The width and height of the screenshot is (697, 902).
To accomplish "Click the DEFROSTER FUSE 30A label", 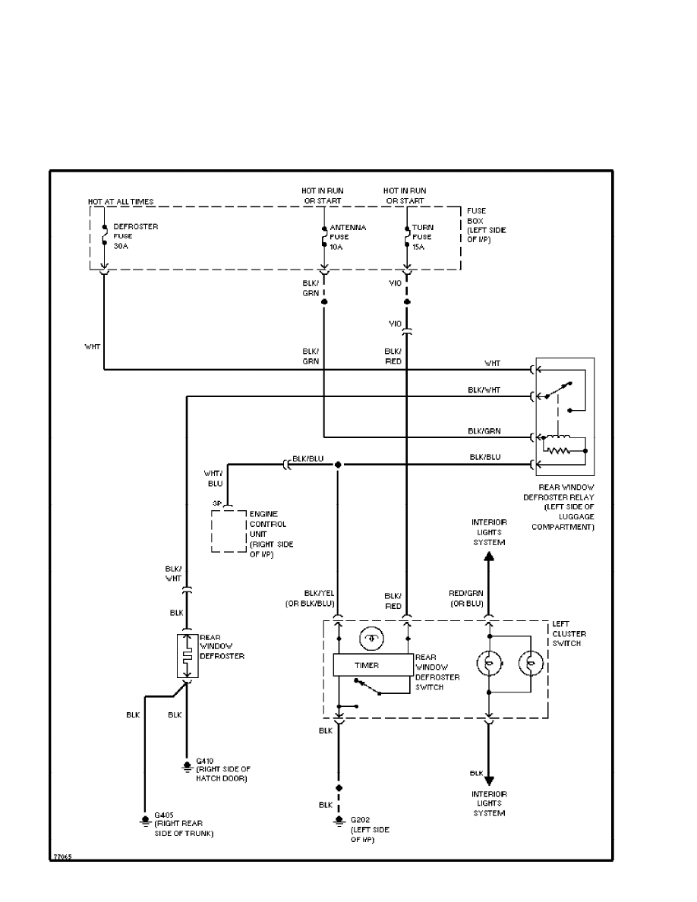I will [x=135, y=235].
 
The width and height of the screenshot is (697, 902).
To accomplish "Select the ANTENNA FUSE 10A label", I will [x=348, y=235].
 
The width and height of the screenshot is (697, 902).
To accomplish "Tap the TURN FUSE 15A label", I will [x=423, y=235].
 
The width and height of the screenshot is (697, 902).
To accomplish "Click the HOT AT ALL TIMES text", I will [x=121, y=202].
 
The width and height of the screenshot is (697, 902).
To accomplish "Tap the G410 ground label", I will [x=222, y=769].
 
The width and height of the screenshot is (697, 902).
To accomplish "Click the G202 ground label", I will [x=369, y=830].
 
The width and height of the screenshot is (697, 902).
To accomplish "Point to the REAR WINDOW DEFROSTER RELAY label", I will [x=566, y=506].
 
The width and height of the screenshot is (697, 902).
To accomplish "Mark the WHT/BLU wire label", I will [x=213, y=478].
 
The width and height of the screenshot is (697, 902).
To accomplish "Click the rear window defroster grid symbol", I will [x=187, y=655].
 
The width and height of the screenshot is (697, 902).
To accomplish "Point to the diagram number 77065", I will [x=62, y=856].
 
